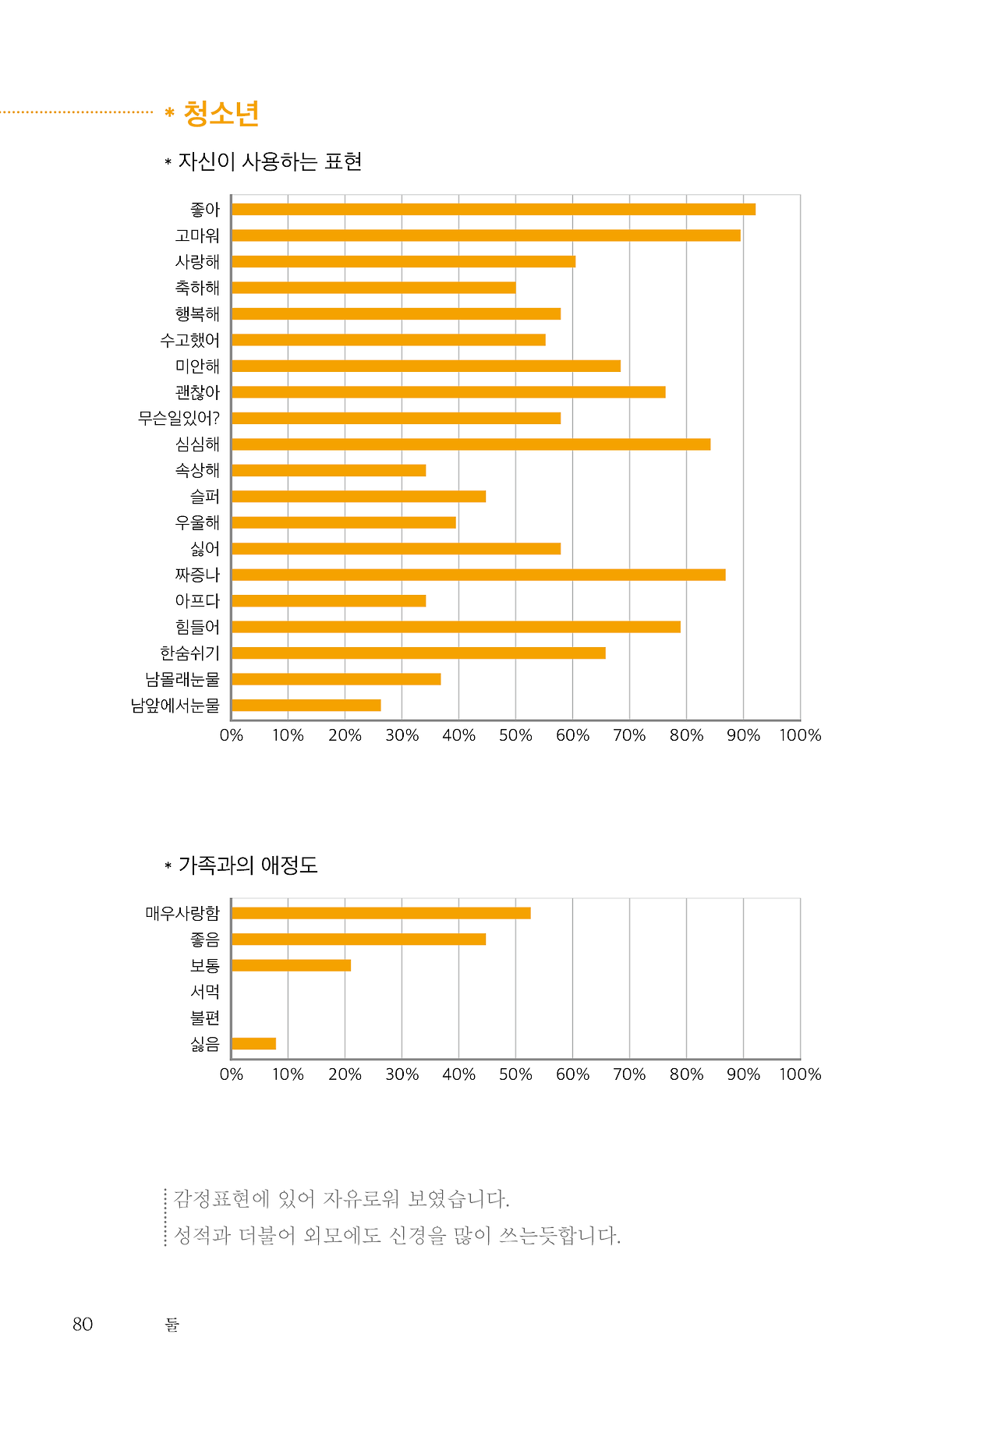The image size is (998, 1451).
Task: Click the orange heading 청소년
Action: coord(221,114)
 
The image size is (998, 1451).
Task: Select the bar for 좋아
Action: coord(493,209)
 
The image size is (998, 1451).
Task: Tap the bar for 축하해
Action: coord(373,288)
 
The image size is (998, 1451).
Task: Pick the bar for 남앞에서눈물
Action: coord(306,706)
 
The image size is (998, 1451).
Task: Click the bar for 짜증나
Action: coord(478,575)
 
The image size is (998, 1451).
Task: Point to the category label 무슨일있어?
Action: coord(179,418)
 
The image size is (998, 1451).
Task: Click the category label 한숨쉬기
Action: coord(189,653)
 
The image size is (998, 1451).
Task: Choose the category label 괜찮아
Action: coord(197,392)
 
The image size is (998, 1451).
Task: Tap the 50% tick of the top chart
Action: coord(515,735)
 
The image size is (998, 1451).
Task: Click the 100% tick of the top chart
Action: coord(800,735)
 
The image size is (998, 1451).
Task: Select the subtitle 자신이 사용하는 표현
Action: coord(270,161)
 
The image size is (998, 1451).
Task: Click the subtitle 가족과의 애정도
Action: coord(248,865)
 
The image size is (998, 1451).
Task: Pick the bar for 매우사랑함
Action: coord(380,913)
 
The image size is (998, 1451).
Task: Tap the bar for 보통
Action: coord(291,965)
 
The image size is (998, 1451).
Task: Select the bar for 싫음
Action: coord(253,1044)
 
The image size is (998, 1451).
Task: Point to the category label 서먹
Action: coord(205,992)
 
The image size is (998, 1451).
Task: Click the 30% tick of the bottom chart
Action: coord(402,1074)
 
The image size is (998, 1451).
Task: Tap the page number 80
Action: coord(83,1324)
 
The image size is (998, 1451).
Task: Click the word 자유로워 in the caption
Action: coord(360,1198)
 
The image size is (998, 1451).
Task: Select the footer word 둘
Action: coord(172,1325)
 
